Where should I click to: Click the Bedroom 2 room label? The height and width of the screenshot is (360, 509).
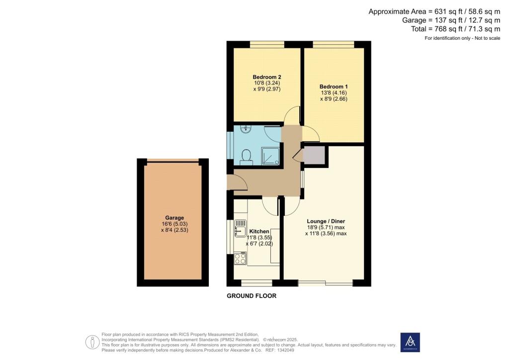click(267, 77)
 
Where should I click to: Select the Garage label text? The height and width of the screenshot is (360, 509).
click(174, 218)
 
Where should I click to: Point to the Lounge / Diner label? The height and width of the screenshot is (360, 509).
click(326, 221)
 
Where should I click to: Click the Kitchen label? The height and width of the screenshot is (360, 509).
click(259, 231)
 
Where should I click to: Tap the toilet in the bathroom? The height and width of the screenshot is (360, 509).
click(245, 158)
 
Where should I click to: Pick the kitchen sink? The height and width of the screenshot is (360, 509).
click(240, 229)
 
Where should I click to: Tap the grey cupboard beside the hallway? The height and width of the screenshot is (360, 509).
click(314, 155)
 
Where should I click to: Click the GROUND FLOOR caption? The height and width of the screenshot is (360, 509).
click(252, 296)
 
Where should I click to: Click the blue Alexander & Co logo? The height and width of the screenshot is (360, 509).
click(410, 342)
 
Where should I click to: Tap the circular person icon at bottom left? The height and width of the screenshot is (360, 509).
click(92, 342)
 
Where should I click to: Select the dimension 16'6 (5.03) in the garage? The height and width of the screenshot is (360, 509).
click(174, 224)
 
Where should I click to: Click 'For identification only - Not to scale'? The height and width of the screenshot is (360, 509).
click(462, 38)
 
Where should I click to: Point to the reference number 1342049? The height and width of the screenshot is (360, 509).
click(286, 350)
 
